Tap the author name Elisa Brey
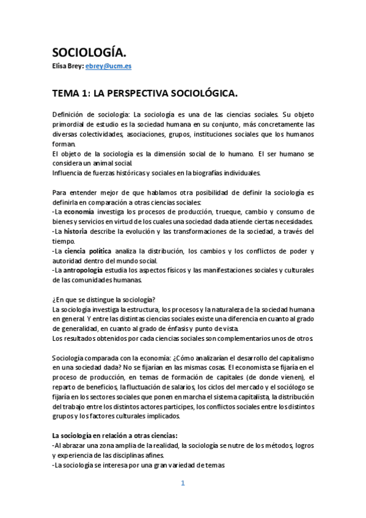67,67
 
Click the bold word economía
79,211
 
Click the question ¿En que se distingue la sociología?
104,299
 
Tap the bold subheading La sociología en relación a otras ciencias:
114,436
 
